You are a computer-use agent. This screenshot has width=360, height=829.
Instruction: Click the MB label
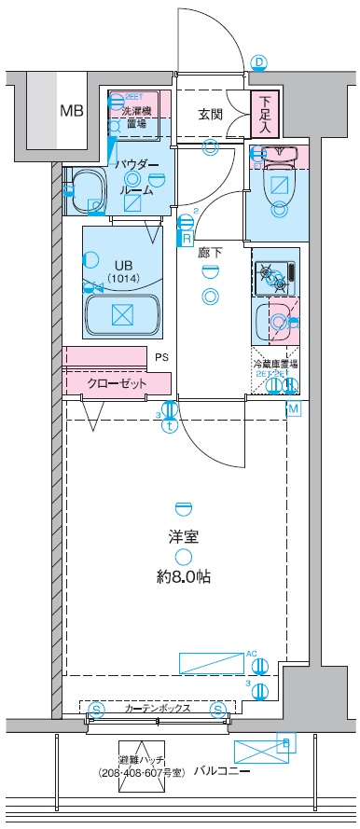[71, 111]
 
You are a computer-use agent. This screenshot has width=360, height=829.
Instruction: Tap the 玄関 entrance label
[210, 114]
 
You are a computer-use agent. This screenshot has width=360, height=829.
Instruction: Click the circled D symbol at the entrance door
[260, 63]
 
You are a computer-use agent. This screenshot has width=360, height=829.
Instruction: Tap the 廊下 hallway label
[210, 252]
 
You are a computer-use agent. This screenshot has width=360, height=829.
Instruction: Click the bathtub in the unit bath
[124, 289]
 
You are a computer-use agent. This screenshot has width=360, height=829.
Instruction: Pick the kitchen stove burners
[274, 249]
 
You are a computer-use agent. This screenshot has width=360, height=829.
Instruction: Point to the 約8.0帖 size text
[183, 576]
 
